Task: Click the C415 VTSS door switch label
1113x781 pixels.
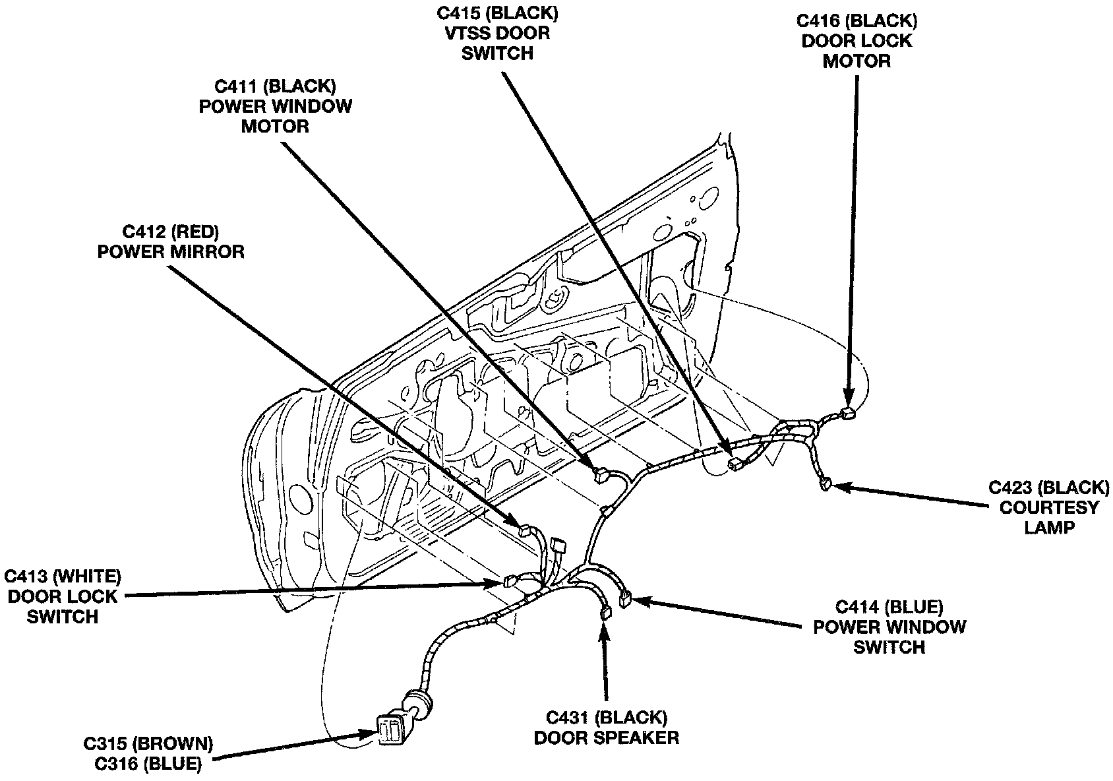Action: click(x=497, y=33)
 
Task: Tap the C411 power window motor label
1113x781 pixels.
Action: click(x=276, y=106)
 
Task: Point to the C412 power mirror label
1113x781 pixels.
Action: click(x=171, y=241)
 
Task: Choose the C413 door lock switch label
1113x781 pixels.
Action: click(x=63, y=596)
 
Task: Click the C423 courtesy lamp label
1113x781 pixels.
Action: click(x=1049, y=507)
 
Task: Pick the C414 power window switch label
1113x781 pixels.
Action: click(x=889, y=627)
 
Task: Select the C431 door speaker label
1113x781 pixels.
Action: click(x=606, y=727)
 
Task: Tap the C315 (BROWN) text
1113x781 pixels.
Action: click(x=148, y=744)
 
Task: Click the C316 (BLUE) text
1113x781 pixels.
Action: click(x=148, y=765)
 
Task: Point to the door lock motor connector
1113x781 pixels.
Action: click(x=848, y=414)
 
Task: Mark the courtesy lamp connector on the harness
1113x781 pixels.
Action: click(x=825, y=485)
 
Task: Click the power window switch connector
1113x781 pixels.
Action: click(x=624, y=600)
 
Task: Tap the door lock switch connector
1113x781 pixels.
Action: click(x=509, y=582)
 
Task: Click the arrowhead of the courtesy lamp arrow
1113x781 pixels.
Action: click(x=837, y=487)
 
